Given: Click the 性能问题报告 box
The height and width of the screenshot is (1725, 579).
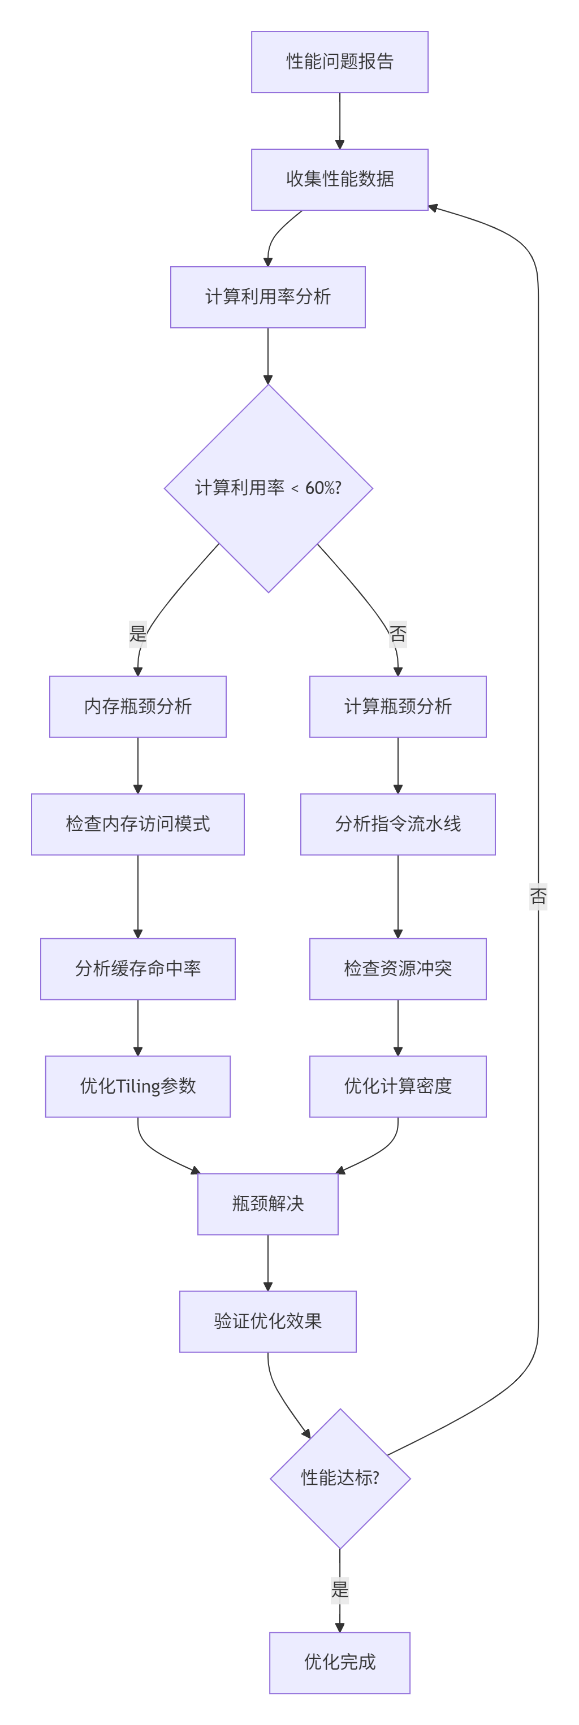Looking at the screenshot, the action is tap(340, 62).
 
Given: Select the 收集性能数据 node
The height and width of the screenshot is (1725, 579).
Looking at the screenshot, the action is tap(340, 180).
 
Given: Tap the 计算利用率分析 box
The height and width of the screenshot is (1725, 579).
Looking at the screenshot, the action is tap(268, 297).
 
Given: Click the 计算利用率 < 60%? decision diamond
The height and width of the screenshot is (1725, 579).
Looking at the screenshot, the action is tap(269, 488).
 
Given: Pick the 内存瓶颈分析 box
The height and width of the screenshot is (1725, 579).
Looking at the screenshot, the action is tap(138, 707).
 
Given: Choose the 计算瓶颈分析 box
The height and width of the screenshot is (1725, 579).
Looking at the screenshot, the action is tap(398, 707).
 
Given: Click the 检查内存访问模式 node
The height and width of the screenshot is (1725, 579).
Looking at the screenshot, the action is tap(138, 824).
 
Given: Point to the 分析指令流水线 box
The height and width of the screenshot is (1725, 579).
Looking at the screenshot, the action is tap(398, 824).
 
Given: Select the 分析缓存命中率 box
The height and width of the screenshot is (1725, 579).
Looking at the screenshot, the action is tap(138, 969).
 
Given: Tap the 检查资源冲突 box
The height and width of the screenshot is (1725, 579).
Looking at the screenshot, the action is tap(398, 969).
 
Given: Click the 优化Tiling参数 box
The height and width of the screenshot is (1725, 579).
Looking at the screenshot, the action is tap(138, 1086).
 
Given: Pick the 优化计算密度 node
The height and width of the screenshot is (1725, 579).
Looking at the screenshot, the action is tap(398, 1086).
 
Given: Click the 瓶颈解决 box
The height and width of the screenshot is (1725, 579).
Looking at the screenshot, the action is tap(268, 1204).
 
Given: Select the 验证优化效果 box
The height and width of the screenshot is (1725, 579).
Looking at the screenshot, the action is tap(268, 1321).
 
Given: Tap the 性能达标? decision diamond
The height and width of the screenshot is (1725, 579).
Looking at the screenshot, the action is tap(340, 1479).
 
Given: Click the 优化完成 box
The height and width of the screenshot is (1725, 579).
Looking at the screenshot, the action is tap(340, 1663).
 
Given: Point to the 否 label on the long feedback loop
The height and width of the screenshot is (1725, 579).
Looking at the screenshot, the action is tap(538, 896).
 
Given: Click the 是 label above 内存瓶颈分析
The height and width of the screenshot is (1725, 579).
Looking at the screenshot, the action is tap(138, 634).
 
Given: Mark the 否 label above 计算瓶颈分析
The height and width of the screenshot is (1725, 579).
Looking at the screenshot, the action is tap(398, 634).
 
